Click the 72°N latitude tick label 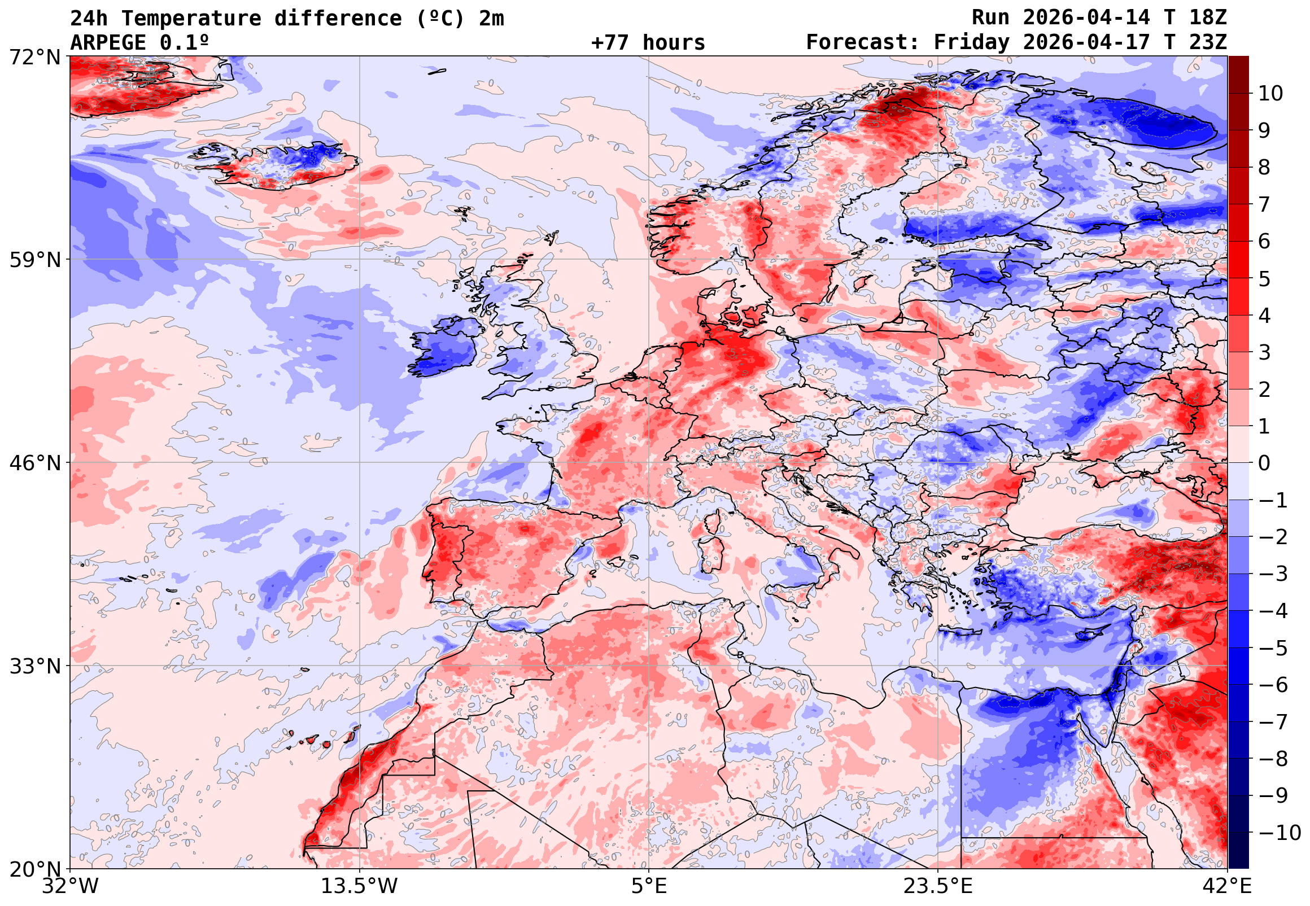(34, 57)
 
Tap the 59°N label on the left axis (34, 260)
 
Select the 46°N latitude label (34, 463)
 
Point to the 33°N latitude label (34, 666)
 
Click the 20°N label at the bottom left (34, 869)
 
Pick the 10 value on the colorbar (1271, 94)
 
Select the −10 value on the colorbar (1280, 833)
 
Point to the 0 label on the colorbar (1264, 463)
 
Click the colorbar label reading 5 (1264, 279)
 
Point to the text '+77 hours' (648, 42)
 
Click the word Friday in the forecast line (972, 42)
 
